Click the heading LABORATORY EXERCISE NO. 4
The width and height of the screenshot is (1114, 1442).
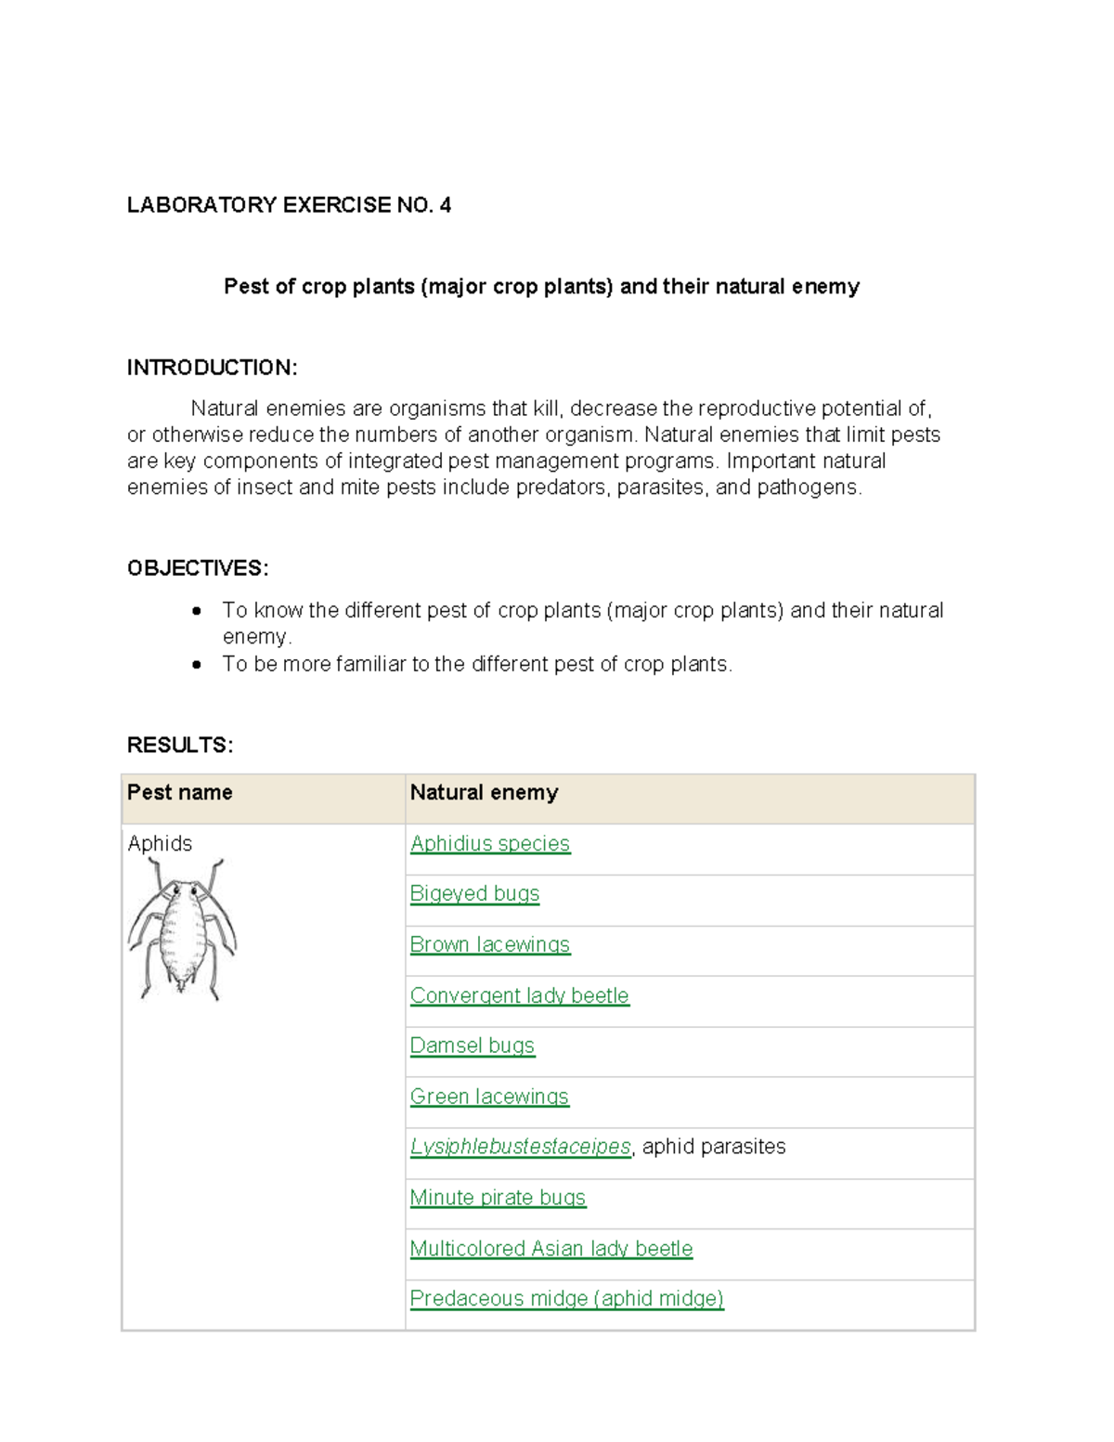click(x=289, y=205)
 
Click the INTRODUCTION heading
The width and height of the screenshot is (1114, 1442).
click(x=212, y=368)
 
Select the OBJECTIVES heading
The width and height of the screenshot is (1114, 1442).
click(x=198, y=568)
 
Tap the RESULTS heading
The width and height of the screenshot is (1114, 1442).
click(x=180, y=745)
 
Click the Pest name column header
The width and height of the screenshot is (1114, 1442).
click(x=180, y=792)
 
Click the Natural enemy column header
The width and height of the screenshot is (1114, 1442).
click(x=484, y=792)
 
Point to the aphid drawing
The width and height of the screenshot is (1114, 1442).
click(x=182, y=929)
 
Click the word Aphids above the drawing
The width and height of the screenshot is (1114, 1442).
click(x=160, y=843)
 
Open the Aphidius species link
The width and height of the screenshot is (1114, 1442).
click(x=489, y=843)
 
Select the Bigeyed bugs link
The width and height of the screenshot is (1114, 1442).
click(x=474, y=893)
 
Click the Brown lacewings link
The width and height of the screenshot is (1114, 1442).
click(x=489, y=944)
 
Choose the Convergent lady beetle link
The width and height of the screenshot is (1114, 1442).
click(x=519, y=995)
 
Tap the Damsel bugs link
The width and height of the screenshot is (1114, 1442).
click(x=472, y=1046)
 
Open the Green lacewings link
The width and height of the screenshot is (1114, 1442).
click(x=489, y=1097)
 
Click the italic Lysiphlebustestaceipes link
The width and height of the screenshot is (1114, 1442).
click(x=520, y=1147)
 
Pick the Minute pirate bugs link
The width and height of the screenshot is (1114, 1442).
click(x=498, y=1198)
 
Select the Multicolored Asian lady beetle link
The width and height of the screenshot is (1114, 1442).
click(x=551, y=1249)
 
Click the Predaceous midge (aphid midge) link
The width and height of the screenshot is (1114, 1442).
click(x=566, y=1298)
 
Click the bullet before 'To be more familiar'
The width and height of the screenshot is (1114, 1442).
click(x=197, y=665)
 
